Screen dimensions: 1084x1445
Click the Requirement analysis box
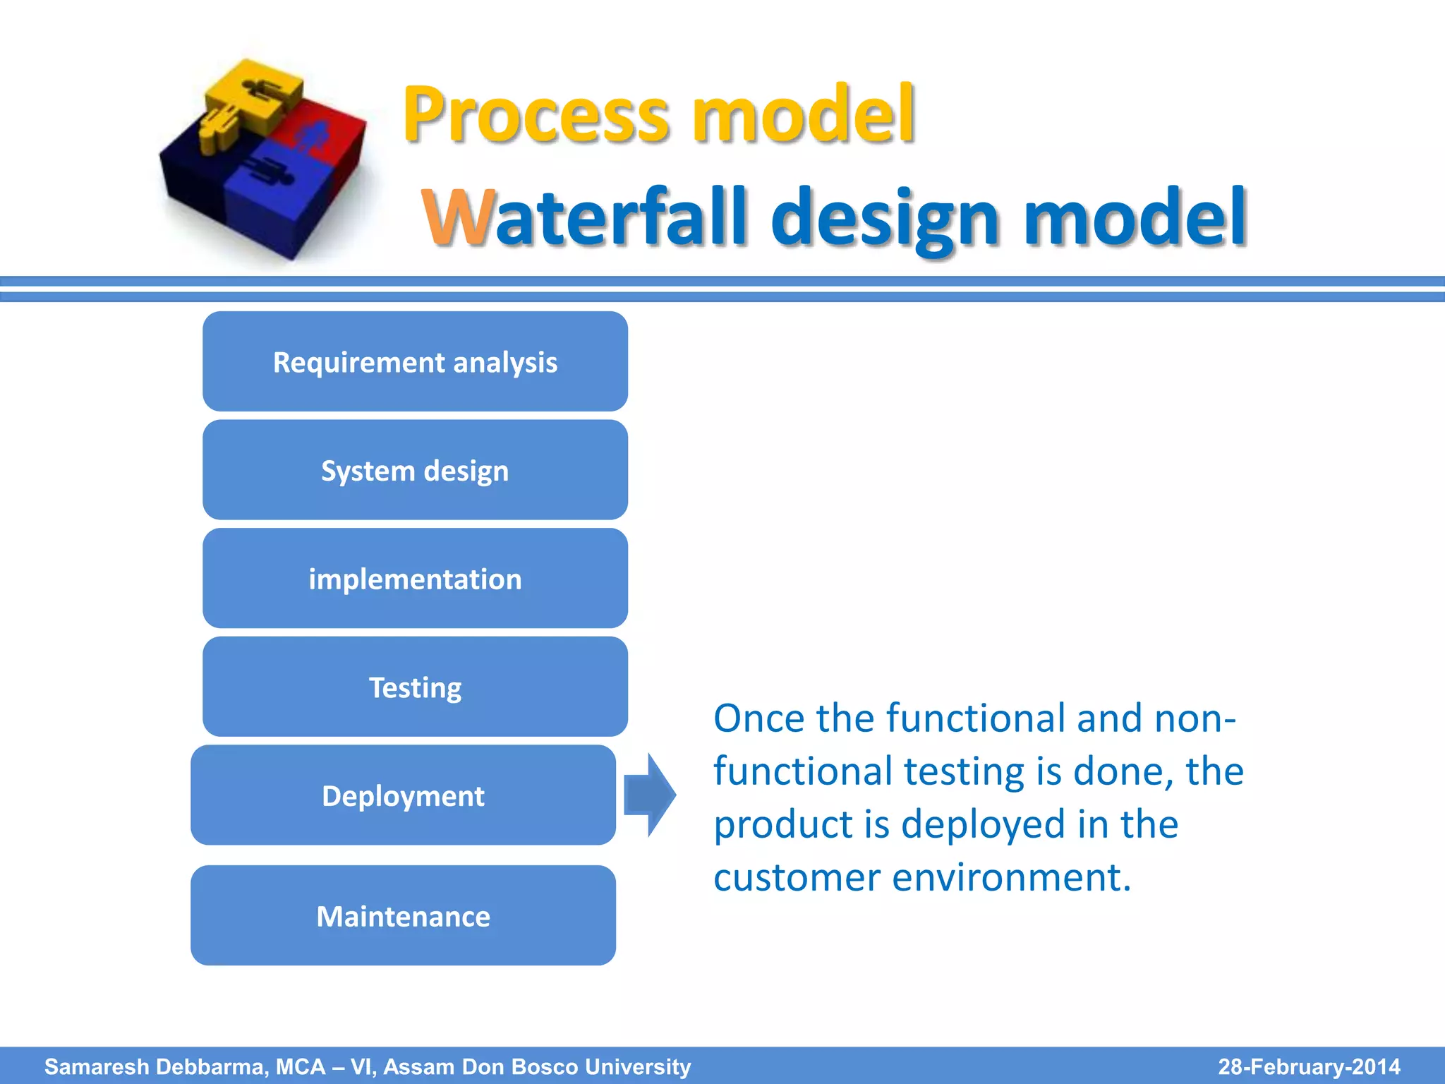[415, 362]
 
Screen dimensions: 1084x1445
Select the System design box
[415, 471]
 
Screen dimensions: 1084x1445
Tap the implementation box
[415, 579]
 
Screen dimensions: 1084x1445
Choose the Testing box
[415, 687]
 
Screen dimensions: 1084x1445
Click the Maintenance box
[403, 916]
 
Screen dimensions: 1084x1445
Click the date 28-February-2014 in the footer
[1309, 1066]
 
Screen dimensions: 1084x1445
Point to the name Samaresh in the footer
[97, 1066]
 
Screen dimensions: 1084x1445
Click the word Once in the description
[758, 718]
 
